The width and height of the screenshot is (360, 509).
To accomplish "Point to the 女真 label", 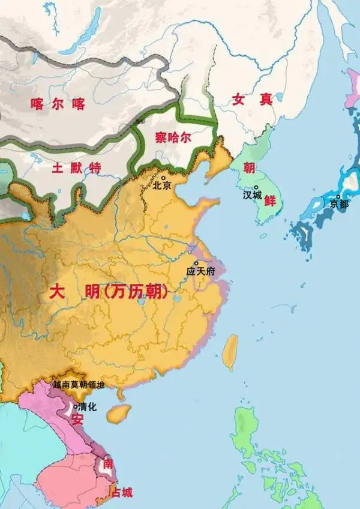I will pos(253,100).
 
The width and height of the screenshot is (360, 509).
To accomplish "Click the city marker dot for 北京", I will pos(163,178).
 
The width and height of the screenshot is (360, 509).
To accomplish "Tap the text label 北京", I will pos(163,187).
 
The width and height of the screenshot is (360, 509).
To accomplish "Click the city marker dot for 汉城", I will pos(256,187).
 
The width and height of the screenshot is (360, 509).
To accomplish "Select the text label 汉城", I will pos(253,196).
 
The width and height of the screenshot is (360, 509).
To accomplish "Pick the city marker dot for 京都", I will pos(339,197).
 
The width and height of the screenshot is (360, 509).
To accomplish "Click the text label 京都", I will pos(339,205).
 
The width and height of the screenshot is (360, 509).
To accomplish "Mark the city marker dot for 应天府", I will pos(196,263).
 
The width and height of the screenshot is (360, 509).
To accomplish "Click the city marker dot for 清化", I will pos(75,406).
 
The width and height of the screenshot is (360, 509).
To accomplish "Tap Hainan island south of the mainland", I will pos(120,412).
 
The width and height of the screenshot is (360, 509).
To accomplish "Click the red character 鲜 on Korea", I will pos(270,201).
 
